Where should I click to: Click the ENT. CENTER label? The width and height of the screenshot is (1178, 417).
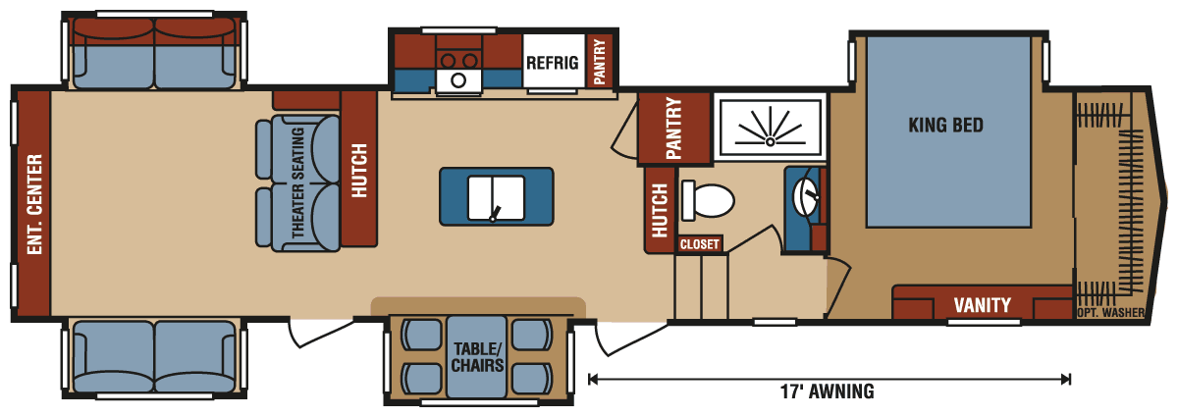tap(34, 204)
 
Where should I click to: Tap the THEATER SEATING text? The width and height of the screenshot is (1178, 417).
tap(297, 182)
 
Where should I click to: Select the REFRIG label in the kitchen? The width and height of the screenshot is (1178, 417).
tap(552, 63)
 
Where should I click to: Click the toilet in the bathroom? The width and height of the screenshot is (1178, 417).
tap(708, 200)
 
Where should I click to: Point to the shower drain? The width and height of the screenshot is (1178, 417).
tap(770, 141)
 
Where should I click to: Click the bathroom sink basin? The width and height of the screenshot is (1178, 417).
tap(806, 196)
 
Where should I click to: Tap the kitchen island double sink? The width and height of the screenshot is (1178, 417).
tap(496, 198)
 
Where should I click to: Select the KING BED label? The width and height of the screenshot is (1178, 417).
tap(945, 126)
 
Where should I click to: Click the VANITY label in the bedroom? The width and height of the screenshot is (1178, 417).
tap(982, 305)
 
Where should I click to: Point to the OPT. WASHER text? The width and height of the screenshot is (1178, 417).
tap(1110, 312)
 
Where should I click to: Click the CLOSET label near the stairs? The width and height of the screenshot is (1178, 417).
tap(699, 244)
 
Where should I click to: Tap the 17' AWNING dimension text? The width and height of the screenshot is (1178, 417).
tap(828, 391)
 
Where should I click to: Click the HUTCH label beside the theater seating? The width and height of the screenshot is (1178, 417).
tap(358, 171)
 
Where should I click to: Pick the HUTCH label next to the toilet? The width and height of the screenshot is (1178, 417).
tap(659, 210)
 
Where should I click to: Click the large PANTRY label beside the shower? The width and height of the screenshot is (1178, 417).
tap(673, 128)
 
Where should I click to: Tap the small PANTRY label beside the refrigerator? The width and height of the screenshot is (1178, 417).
tap(600, 62)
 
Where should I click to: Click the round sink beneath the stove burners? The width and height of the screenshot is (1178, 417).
tap(458, 80)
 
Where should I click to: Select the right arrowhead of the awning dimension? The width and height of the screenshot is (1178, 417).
tap(1066, 379)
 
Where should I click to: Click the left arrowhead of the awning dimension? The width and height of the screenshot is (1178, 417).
tap(593, 379)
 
